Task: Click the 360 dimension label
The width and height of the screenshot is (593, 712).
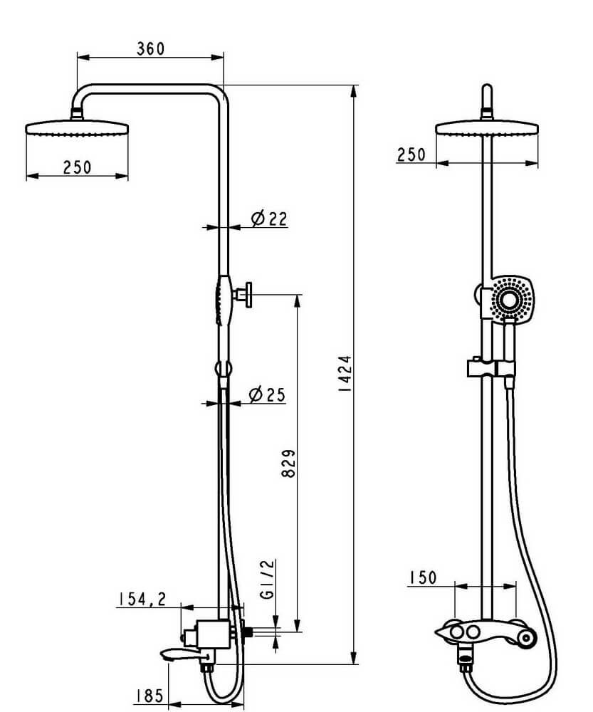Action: (150, 48)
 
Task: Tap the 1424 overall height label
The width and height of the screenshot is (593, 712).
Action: (345, 374)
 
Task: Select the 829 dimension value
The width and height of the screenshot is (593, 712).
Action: (288, 464)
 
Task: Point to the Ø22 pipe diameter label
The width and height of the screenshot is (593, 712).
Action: (269, 219)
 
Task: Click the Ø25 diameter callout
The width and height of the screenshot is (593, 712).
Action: (268, 394)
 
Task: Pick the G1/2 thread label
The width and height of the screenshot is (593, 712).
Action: (268, 579)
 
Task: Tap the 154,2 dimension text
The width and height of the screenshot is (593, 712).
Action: (142, 600)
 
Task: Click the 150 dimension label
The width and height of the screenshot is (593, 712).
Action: (422, 577)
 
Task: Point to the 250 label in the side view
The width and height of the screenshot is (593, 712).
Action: (77, 167)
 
